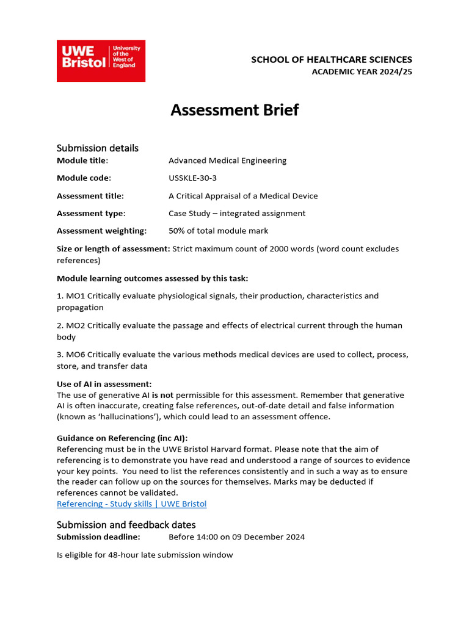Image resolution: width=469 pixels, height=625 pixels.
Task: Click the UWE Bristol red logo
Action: click(x=101, y=61)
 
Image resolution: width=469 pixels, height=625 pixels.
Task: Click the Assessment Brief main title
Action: click(x=234, y=110)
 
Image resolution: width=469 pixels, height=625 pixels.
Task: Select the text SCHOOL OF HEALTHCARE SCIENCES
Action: click(x=332, y=59)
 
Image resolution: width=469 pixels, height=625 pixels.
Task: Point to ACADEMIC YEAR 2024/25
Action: click(x=362, y=71)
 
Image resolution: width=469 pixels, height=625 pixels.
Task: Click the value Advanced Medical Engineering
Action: click(x=227, y=161)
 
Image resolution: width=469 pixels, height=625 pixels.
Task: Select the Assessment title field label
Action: click(x=90, y=196)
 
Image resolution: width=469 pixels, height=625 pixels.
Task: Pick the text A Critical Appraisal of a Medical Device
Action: click(x=243, y=196)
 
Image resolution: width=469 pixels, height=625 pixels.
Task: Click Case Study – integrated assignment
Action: click(x=237, y=214)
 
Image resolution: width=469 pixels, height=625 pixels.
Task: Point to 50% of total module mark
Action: click(x=218, y=231)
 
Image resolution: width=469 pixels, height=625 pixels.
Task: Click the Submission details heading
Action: click(x=98, y=148)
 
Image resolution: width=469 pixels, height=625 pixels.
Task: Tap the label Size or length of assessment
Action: click(x=113, y=248)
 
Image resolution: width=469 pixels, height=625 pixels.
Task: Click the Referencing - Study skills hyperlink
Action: click(x=131, y=504)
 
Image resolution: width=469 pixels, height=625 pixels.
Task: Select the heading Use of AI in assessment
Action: click(x=104, y=384)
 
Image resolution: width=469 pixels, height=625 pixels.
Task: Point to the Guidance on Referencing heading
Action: click(x=122, y=438)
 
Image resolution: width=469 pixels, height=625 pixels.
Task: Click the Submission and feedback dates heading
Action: click(x=126, y=525)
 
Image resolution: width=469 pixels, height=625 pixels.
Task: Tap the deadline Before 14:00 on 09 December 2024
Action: click(x=236, y=537)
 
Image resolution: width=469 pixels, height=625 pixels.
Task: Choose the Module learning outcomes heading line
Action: click(x=152, y=278)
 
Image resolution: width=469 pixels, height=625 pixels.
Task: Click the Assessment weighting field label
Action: click(x=101, y=231)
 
